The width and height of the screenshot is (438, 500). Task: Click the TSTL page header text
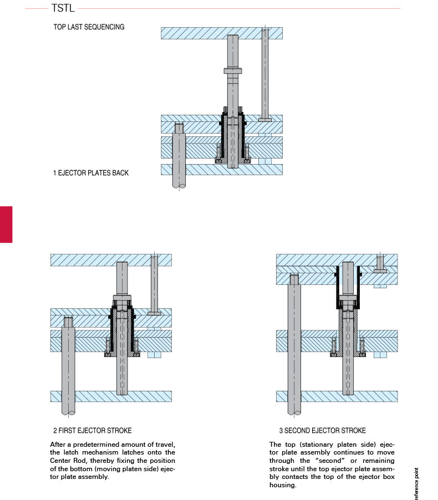pos(63,8)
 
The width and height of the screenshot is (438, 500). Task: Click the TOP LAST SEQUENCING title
pos(89,27)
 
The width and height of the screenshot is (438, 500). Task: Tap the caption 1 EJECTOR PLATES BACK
pos(90,173)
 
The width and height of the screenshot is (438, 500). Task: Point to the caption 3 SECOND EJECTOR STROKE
pos(323,430)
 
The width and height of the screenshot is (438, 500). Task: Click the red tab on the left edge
pos(6,224)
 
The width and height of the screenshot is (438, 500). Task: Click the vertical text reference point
pos(416,484)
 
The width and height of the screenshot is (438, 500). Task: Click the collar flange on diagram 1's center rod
pos(233,71)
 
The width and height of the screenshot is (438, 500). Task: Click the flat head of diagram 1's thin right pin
pos(265,119)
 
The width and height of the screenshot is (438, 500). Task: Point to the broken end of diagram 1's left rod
pos(180,186)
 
